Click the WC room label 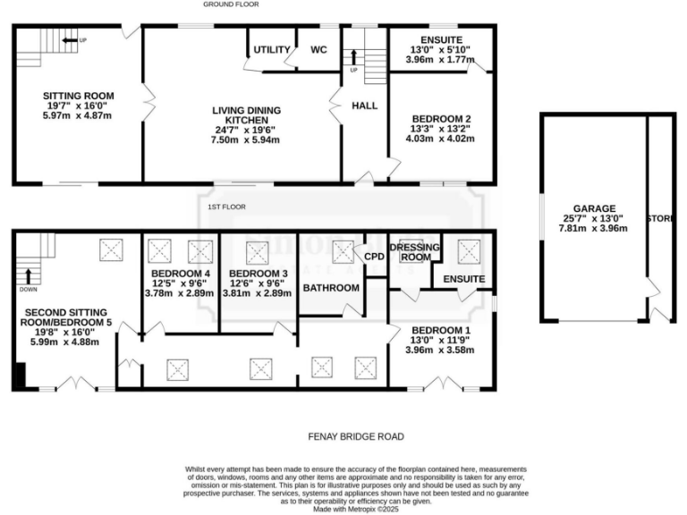click(x=318, y=49)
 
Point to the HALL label click(x=364, y=106)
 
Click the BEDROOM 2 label click(x=441, y=119)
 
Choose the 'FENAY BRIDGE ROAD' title click(x=356, y=436)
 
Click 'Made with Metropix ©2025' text click(x=356, y=509)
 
